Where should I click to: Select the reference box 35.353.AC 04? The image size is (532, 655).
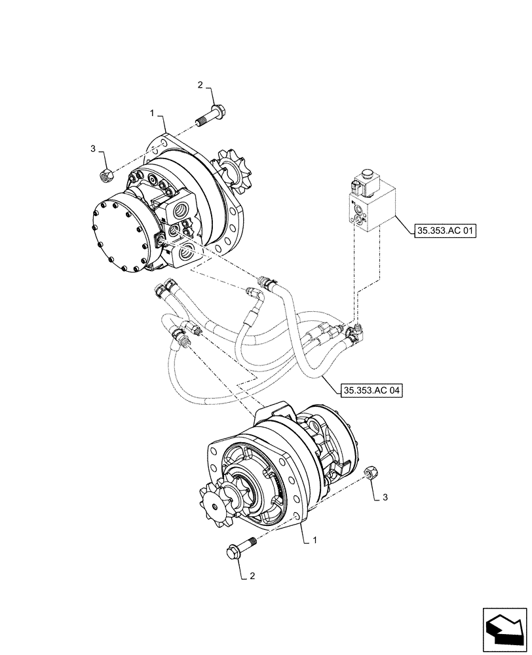click(x=371, y=391)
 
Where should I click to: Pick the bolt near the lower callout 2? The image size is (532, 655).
click(x=240, y=546)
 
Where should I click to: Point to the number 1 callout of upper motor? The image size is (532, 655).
click(x=152, y=113)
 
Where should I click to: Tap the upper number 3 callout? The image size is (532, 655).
click(x=93, y=149)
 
